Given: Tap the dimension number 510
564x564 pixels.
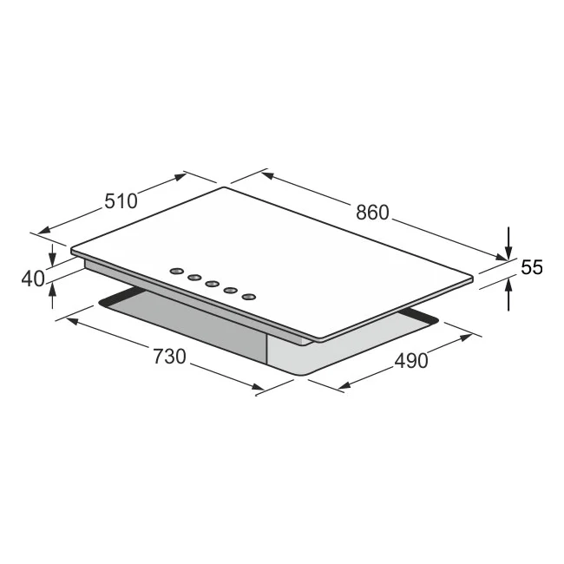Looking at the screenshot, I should [x=121, y=201].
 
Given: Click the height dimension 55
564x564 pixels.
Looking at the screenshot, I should [x=532, y=268].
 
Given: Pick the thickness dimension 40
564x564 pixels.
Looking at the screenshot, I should [x=32, y=279].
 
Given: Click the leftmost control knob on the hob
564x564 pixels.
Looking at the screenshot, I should [x=175, y=270].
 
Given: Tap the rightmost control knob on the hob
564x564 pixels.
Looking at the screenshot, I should [x=249, y=297].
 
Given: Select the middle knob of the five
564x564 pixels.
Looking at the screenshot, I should [x=212, y=283].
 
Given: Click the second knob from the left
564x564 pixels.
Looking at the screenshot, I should [x=193, y=277].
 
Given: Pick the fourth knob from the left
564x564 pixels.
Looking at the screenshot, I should [x=231, y=290].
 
